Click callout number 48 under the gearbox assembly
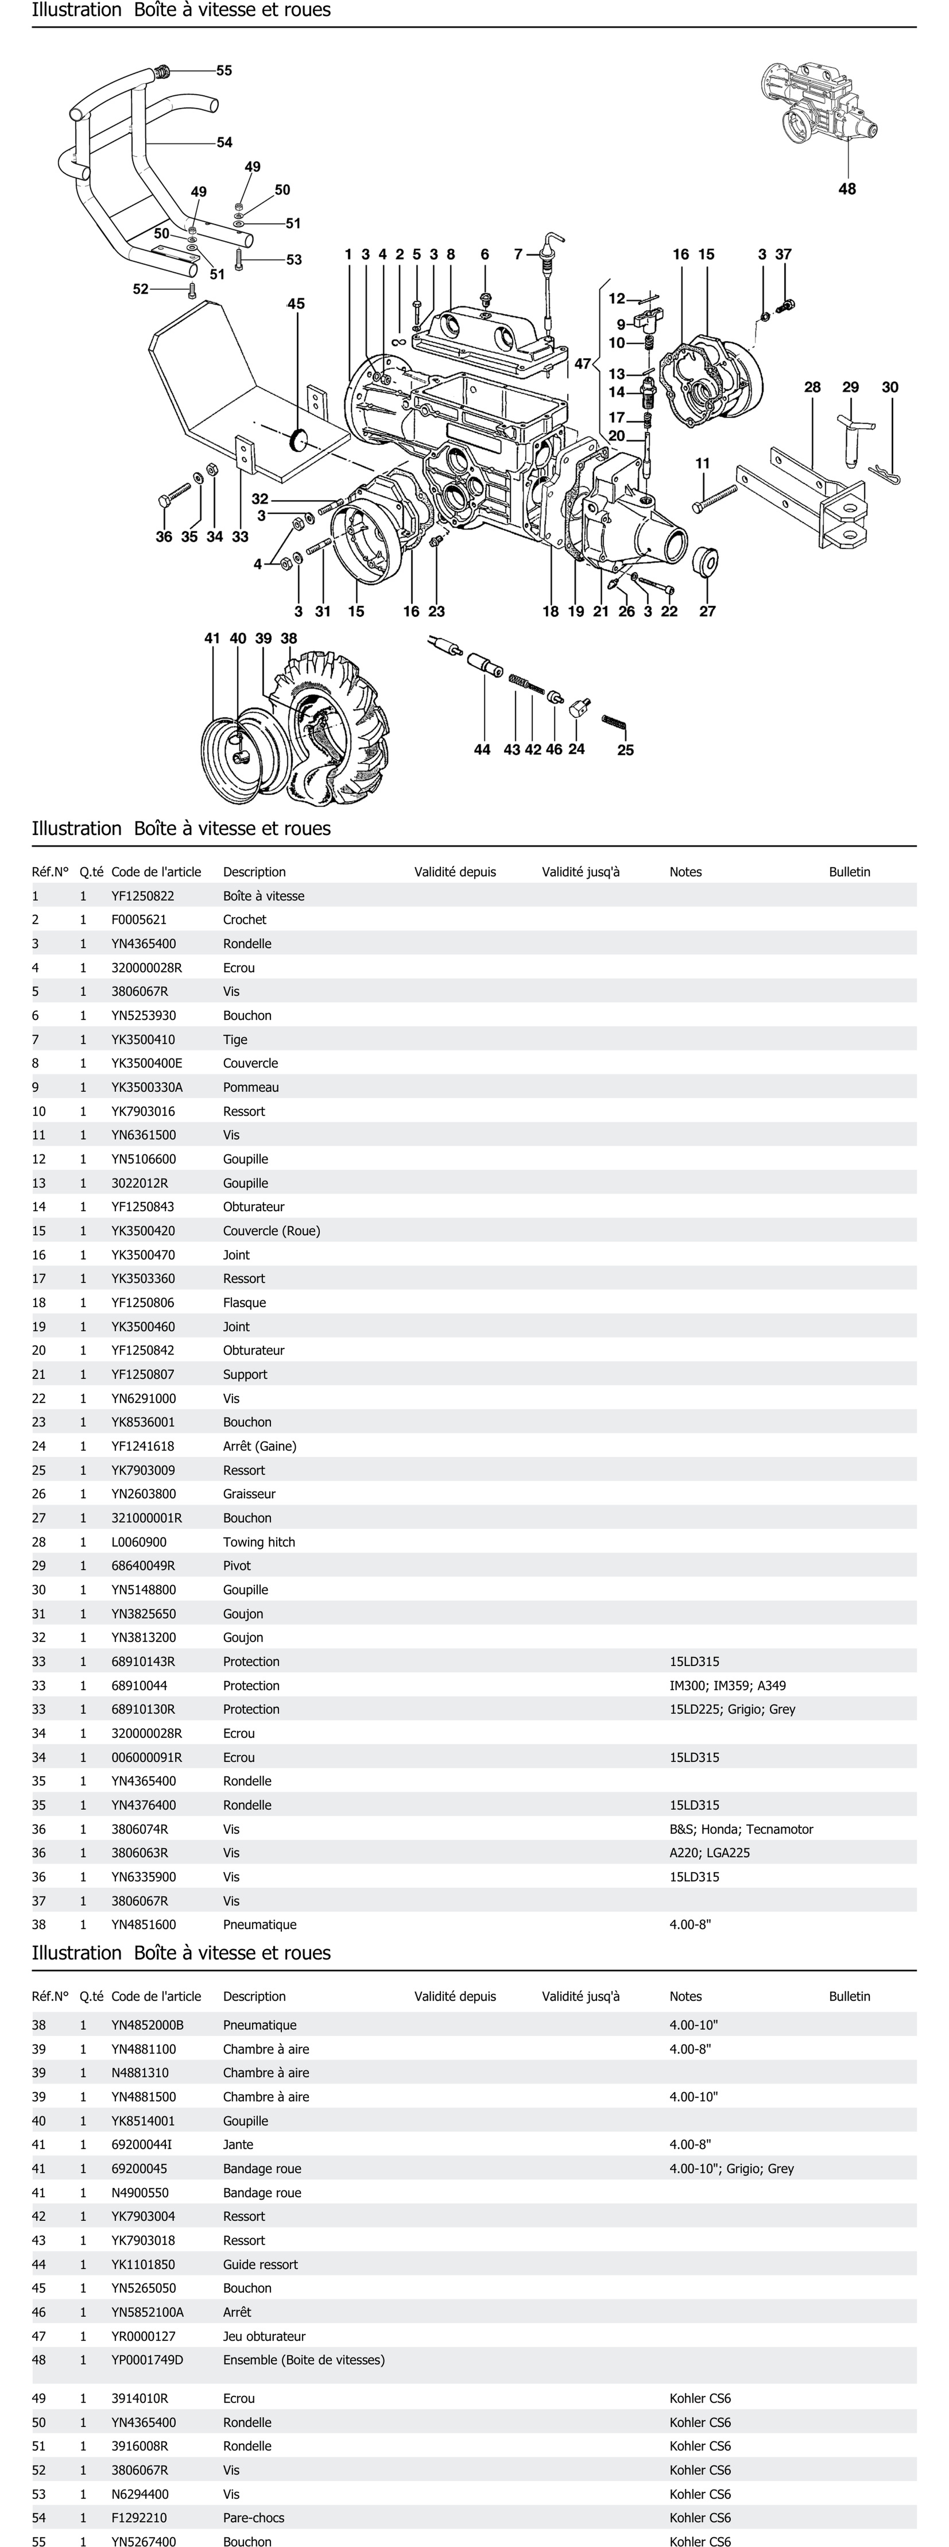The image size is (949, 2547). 847,189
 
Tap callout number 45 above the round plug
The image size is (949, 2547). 296,304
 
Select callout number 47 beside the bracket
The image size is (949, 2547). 582,364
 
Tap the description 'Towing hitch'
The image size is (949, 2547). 259,1541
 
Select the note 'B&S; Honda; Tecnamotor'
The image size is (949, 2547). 740,1829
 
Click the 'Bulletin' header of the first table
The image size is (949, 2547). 849,872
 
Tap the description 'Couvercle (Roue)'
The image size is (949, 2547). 271,1231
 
